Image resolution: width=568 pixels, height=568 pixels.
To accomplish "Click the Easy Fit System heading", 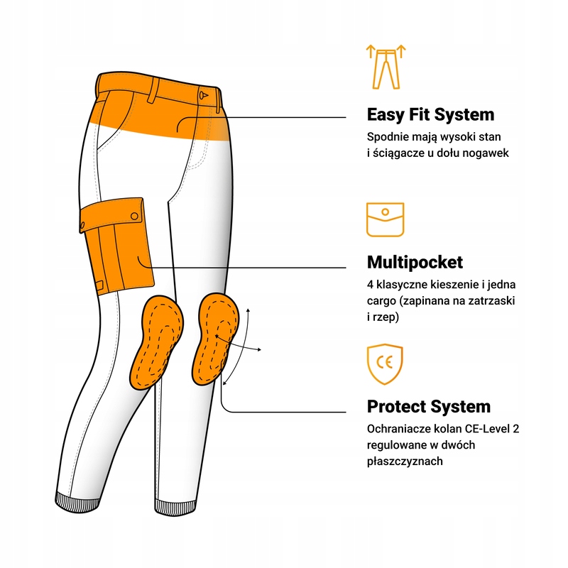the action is pos(430,115).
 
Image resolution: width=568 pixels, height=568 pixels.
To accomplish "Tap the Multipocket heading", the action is pos(415,262).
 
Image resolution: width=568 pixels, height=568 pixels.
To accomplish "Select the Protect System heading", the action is pos(429,406).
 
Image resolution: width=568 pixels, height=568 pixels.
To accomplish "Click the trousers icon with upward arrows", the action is pos(386,67).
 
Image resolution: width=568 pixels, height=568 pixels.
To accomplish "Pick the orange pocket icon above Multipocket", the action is pos(385,219).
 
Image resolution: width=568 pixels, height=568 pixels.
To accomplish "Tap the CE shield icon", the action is pos(385,364).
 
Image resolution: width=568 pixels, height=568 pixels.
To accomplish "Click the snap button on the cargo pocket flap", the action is pos(134,217).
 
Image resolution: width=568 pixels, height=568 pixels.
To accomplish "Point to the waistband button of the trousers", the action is pos(203,95).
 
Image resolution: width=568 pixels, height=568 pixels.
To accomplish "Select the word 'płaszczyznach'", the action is pos(405,461).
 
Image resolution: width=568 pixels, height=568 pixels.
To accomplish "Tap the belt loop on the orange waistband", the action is pos(153,90).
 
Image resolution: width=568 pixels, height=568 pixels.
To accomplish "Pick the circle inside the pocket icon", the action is pos(385,212).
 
